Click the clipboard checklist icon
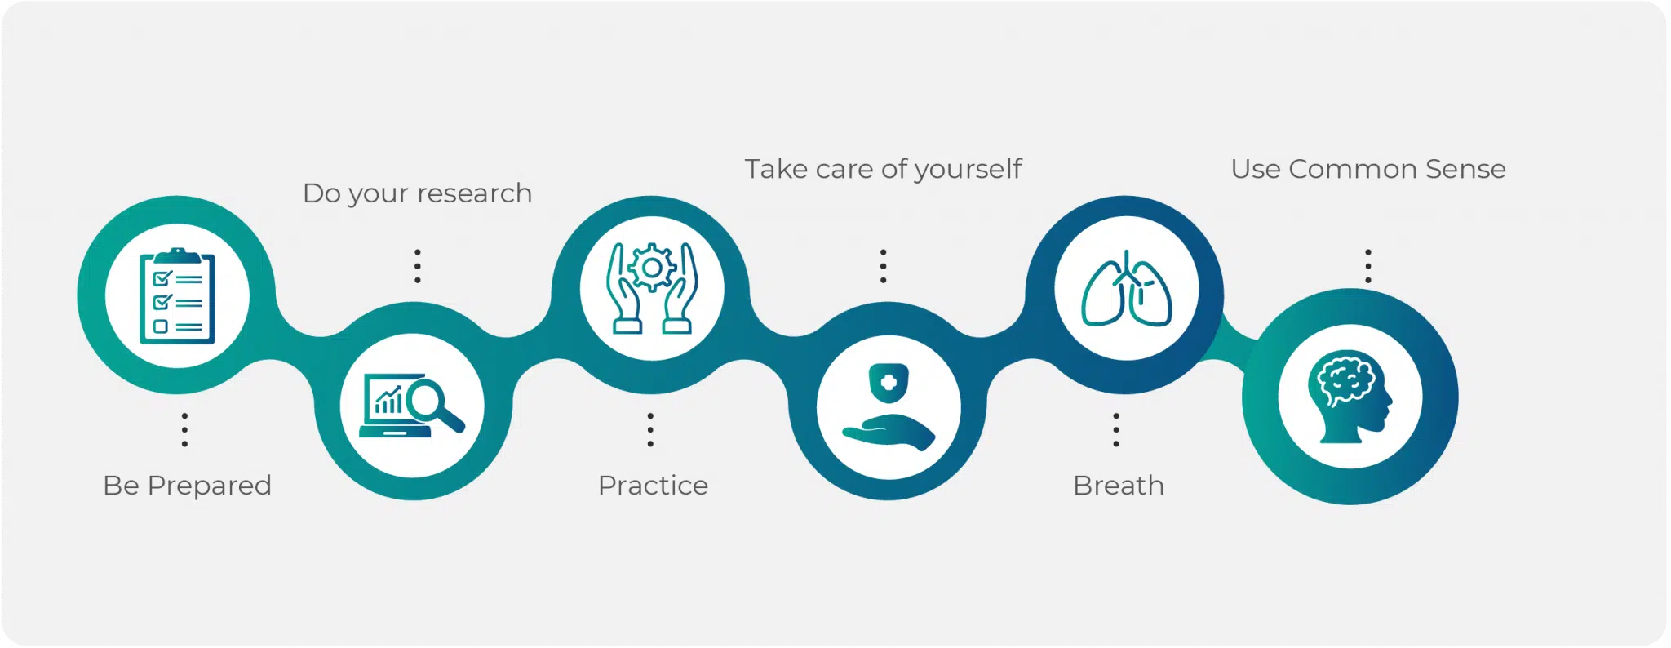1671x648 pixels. point(177,296)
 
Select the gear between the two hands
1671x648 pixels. point(651,268)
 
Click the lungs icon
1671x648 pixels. point(1127,289)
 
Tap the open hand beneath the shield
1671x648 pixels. point(889,432)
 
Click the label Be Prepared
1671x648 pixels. point(187,486)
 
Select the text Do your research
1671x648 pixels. point(417,194)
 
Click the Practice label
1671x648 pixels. point(653,486)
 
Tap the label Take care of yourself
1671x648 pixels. point(883,170)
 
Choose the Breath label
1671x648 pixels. point(1119,486)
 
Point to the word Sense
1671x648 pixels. point(1465,169)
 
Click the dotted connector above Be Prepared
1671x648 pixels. point(185,430)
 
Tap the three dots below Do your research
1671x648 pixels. point(418,266)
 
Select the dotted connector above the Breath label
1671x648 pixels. point(1116,430)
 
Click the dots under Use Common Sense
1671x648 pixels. point(1368,266)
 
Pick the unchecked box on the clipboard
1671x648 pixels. point(161,326)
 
